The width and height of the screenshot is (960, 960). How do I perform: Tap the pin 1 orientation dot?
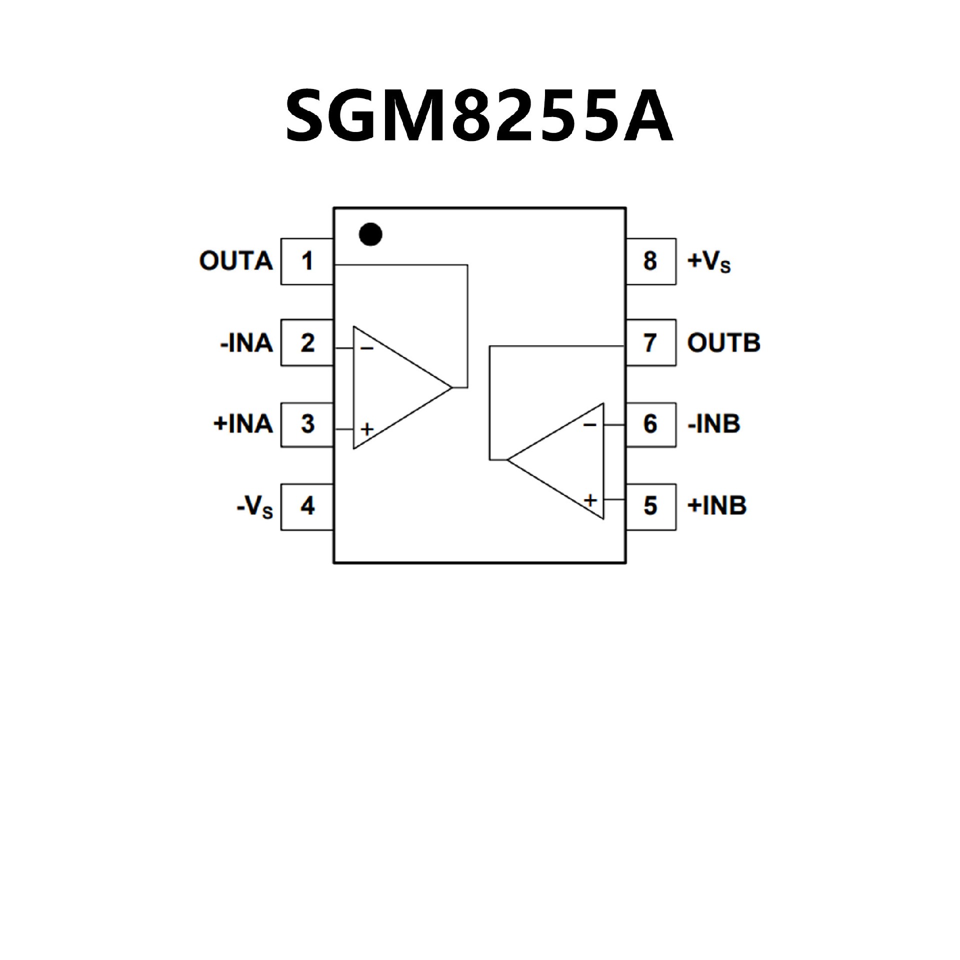click(370, 234)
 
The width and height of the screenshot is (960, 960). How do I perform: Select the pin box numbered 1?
click(307, 261)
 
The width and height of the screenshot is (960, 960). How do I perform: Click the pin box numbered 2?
click(307, 343)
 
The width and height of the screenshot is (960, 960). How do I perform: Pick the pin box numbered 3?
click(307, 424)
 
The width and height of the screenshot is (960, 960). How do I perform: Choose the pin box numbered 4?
click(307, 506)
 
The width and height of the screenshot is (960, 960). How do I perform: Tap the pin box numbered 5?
click(650, 506)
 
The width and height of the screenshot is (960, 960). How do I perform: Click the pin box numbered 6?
click(650, 424)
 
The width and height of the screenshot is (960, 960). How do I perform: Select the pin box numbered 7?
click(650, 343)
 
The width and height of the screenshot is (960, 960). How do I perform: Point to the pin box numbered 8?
click(650, 261)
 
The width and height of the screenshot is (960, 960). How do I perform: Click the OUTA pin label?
click(236, 261)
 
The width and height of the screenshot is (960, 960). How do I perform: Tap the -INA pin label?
click(246, 343)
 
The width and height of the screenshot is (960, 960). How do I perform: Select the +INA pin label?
click(243, 424)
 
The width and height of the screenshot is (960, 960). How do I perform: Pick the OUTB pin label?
click(723, 343)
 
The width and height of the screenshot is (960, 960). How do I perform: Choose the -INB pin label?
click(714, 424)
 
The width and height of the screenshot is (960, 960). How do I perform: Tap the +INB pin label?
click(717, 506)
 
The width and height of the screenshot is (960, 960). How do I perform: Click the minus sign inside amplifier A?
click(366, 348)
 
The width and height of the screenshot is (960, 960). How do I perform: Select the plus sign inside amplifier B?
click(590, 500)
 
